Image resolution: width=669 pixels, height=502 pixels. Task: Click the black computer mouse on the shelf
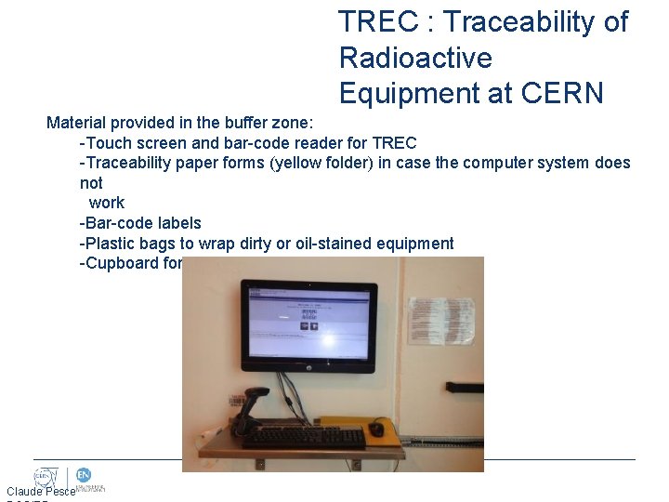(x=376, y=429)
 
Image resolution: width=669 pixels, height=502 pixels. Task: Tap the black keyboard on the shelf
(x=304, y=437)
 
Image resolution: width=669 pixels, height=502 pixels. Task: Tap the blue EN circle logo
(x=83, y=475)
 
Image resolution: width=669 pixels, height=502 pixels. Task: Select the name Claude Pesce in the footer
(x=40, y=491)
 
